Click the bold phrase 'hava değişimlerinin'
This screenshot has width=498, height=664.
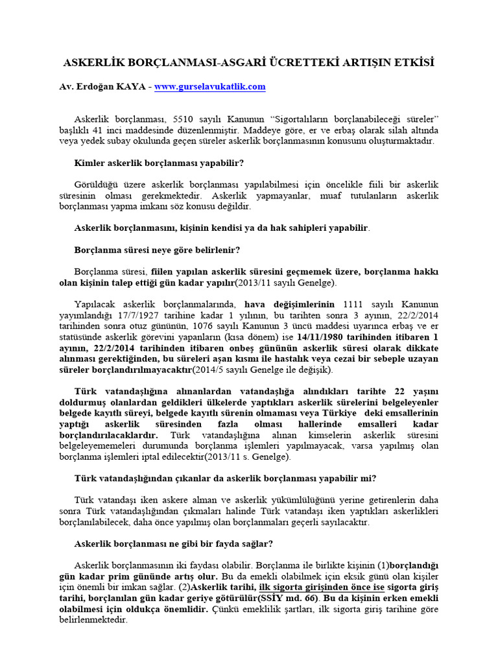point(290,304)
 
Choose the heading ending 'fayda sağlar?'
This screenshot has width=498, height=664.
point(174,543)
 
